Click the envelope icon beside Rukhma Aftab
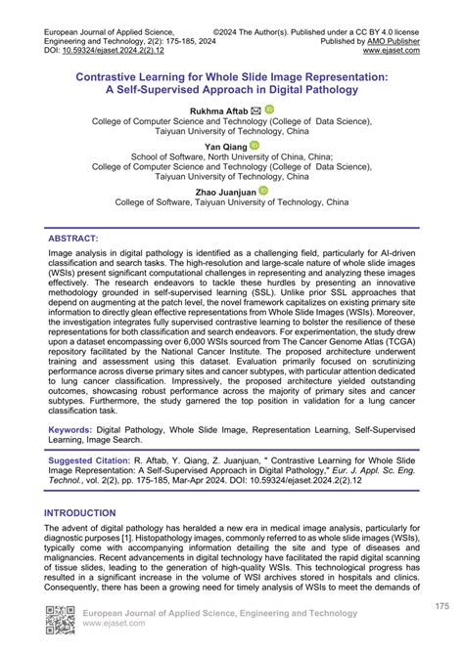[255, 110]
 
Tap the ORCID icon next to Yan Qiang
[255, 146]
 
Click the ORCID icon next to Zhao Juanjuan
[262, 193]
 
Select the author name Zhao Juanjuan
[226, 193]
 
